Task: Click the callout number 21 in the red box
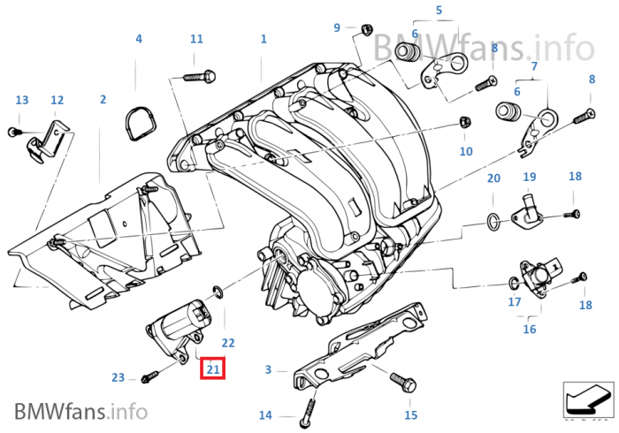pyautogui.click(x=213, y=368)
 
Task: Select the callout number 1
pyautogui.click(x=264, y=39)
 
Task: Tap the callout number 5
pyautogui.click(x=438, y=11)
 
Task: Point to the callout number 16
pyautogui.click(x=530, y=329)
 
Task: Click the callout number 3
pyautogui.click(x=269, y=369)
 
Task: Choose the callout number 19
pyautogui.click(x=530, y=178)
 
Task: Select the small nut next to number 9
pyautogui.click(x=364, y=29)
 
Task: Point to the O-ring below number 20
pyautogui.click(x=493, y=217)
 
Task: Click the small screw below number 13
pyautogui.click(x=12, y=132)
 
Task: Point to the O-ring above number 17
pyautogui.click(x=513, y=284)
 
